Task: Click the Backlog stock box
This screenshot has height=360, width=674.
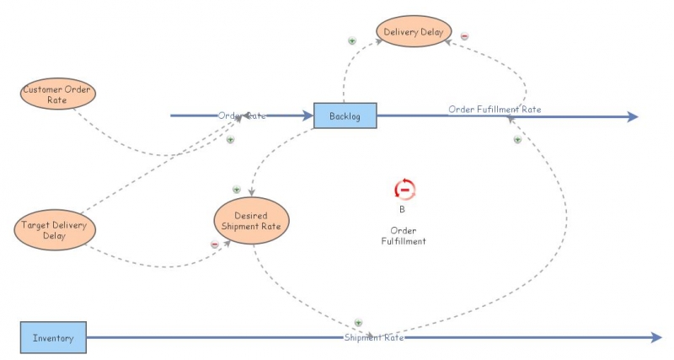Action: pyautogui.click(x=345, y=116)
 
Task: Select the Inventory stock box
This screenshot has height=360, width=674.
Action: pyautogui.click(x=53, y=338)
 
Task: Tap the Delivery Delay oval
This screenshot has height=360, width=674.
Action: pyautogui.click(x=414, y=32)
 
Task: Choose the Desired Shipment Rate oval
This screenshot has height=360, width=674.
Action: pyautogui.click(x=251, y=221)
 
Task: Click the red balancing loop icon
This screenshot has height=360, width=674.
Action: pyautogui.click(x=404, y=189)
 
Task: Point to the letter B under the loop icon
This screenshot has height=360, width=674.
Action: pyautogui.click(x=403, y=209)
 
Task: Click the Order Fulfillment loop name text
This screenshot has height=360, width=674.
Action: pyautogui.click(x=404, y=235)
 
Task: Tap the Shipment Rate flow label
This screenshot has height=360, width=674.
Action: pyautogui.click(x=374, y=338)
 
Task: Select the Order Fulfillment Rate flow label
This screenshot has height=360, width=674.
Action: pyautogui.click(x=495, y=109)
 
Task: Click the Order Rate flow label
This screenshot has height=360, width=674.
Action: pyautogui.click(x=242, y=116)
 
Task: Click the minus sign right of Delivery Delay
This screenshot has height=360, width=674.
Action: pyautogui.click(x=464, y=36)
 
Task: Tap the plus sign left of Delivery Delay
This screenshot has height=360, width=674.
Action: pyautogui.click(x=352, y=40)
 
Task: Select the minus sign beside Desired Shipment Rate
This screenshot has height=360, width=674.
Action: pyautogui.click(x=215, y=244)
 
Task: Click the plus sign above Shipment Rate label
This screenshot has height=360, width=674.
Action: pyautogui.click(x=357, y=322)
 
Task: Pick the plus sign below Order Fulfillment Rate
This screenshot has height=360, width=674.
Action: pyautogui.click(x=517, y=139)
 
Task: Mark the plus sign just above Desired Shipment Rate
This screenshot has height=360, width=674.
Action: pyautogui.click(x=237, y=190)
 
